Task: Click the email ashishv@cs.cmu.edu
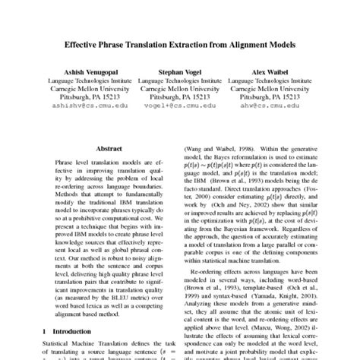tap(84, 106)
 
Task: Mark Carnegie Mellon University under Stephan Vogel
tap(179, 88)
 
